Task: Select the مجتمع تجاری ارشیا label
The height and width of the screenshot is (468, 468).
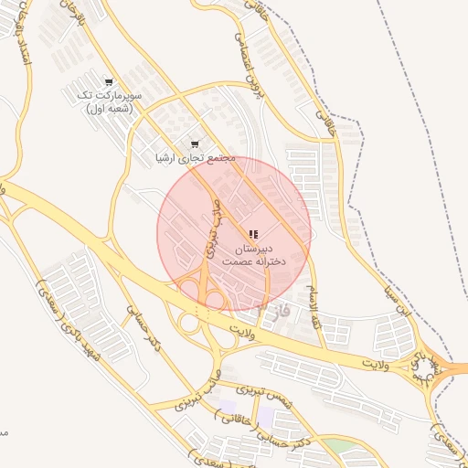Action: point(195,158)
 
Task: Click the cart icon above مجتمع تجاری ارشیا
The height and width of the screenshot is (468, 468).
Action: point(195,144)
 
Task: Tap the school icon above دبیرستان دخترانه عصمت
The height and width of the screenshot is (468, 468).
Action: point(253,234)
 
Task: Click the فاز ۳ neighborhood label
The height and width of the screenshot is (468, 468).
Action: point(271,311)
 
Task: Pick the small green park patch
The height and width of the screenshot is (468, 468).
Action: point(339,446)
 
